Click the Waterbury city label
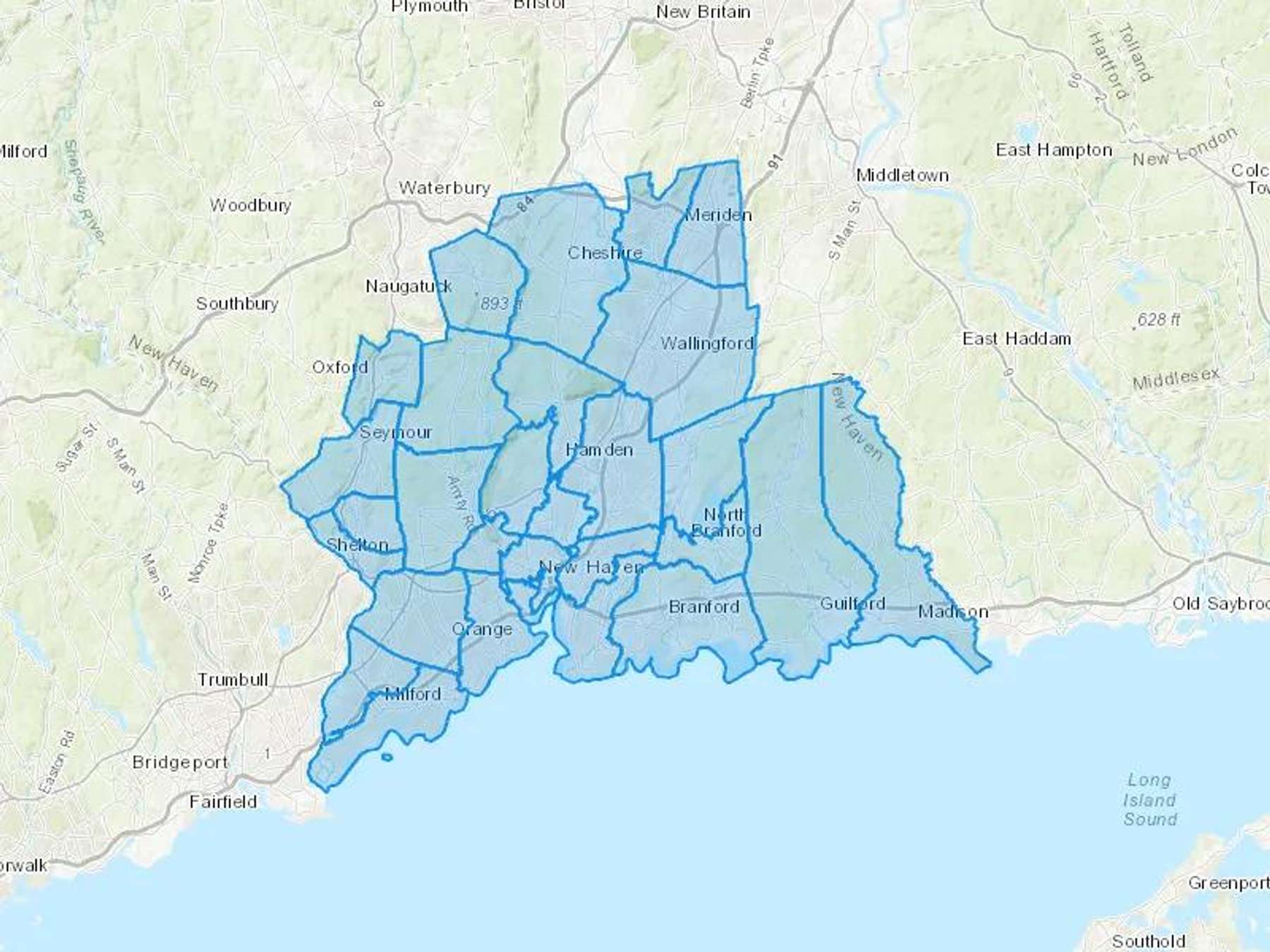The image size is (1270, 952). [x=444, y=188]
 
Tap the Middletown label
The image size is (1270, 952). [x=902, y=175]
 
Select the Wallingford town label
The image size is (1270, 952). [x=707, y=343]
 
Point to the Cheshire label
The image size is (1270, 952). [x=605, y=252]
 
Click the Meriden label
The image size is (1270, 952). [x=718, y=215]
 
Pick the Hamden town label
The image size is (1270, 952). [x=599, y=450]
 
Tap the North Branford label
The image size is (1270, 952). [x=725, y=523]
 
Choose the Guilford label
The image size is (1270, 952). [x=852, y=604]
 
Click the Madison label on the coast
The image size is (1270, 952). [x=952, y=611]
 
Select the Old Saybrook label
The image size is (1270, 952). [x=1220, y=604]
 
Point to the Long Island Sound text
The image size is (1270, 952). [x=1149, y=800]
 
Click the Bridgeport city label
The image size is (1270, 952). [x=180, y=762]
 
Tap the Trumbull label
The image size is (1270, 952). [x=233, y=680]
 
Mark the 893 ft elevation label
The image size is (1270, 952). [x=500, y=303]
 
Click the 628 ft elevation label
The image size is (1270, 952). [x=1158, y=320]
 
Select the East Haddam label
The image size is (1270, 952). [x=1016, y=339]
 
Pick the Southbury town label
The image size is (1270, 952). [x=237, y=304]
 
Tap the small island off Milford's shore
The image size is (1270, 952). [x=386, y=757]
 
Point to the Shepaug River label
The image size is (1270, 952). [x=84, y=191]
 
